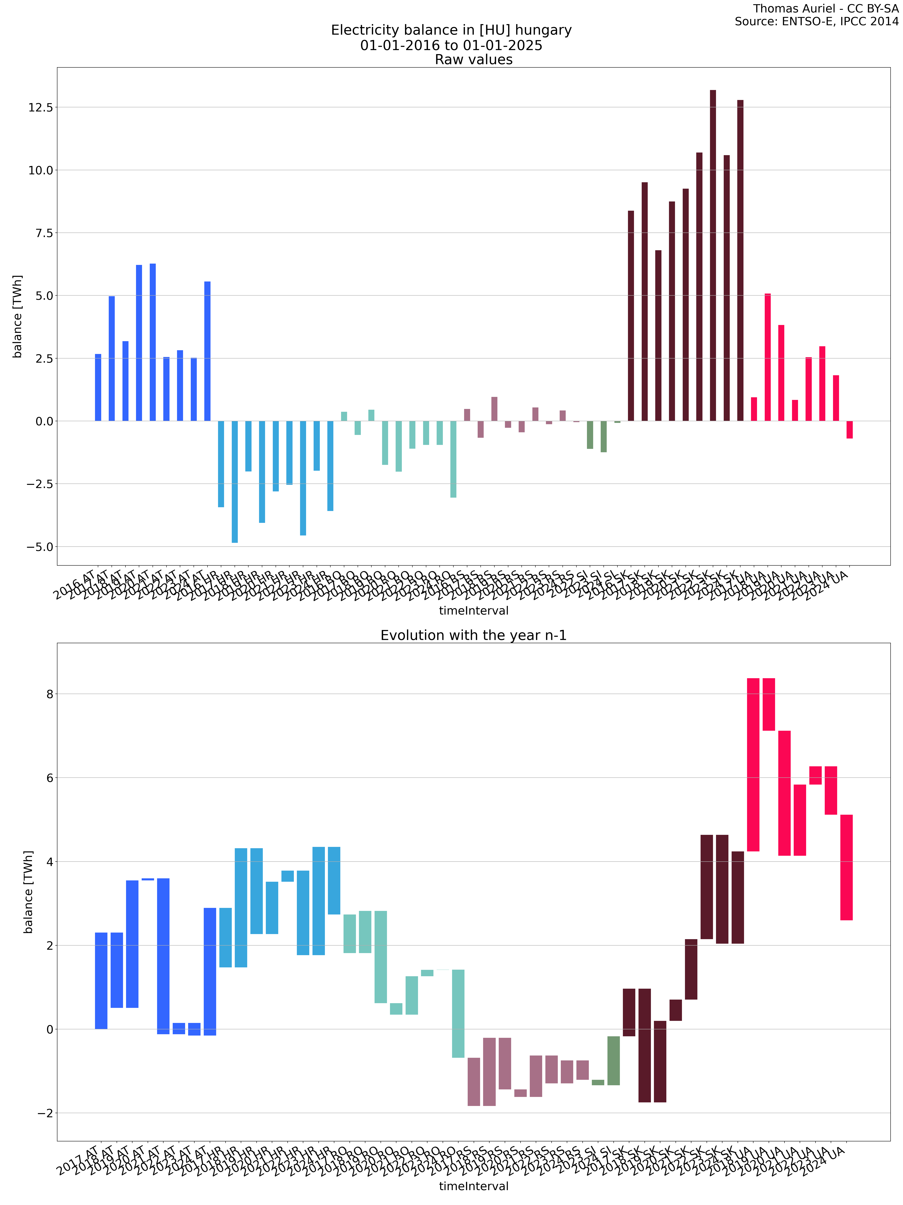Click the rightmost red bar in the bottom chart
point(846,867)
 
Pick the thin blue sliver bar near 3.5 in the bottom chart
point(147,879)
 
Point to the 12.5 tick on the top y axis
point(41,107)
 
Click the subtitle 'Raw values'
point(474,60)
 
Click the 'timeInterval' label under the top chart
point(474,611)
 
